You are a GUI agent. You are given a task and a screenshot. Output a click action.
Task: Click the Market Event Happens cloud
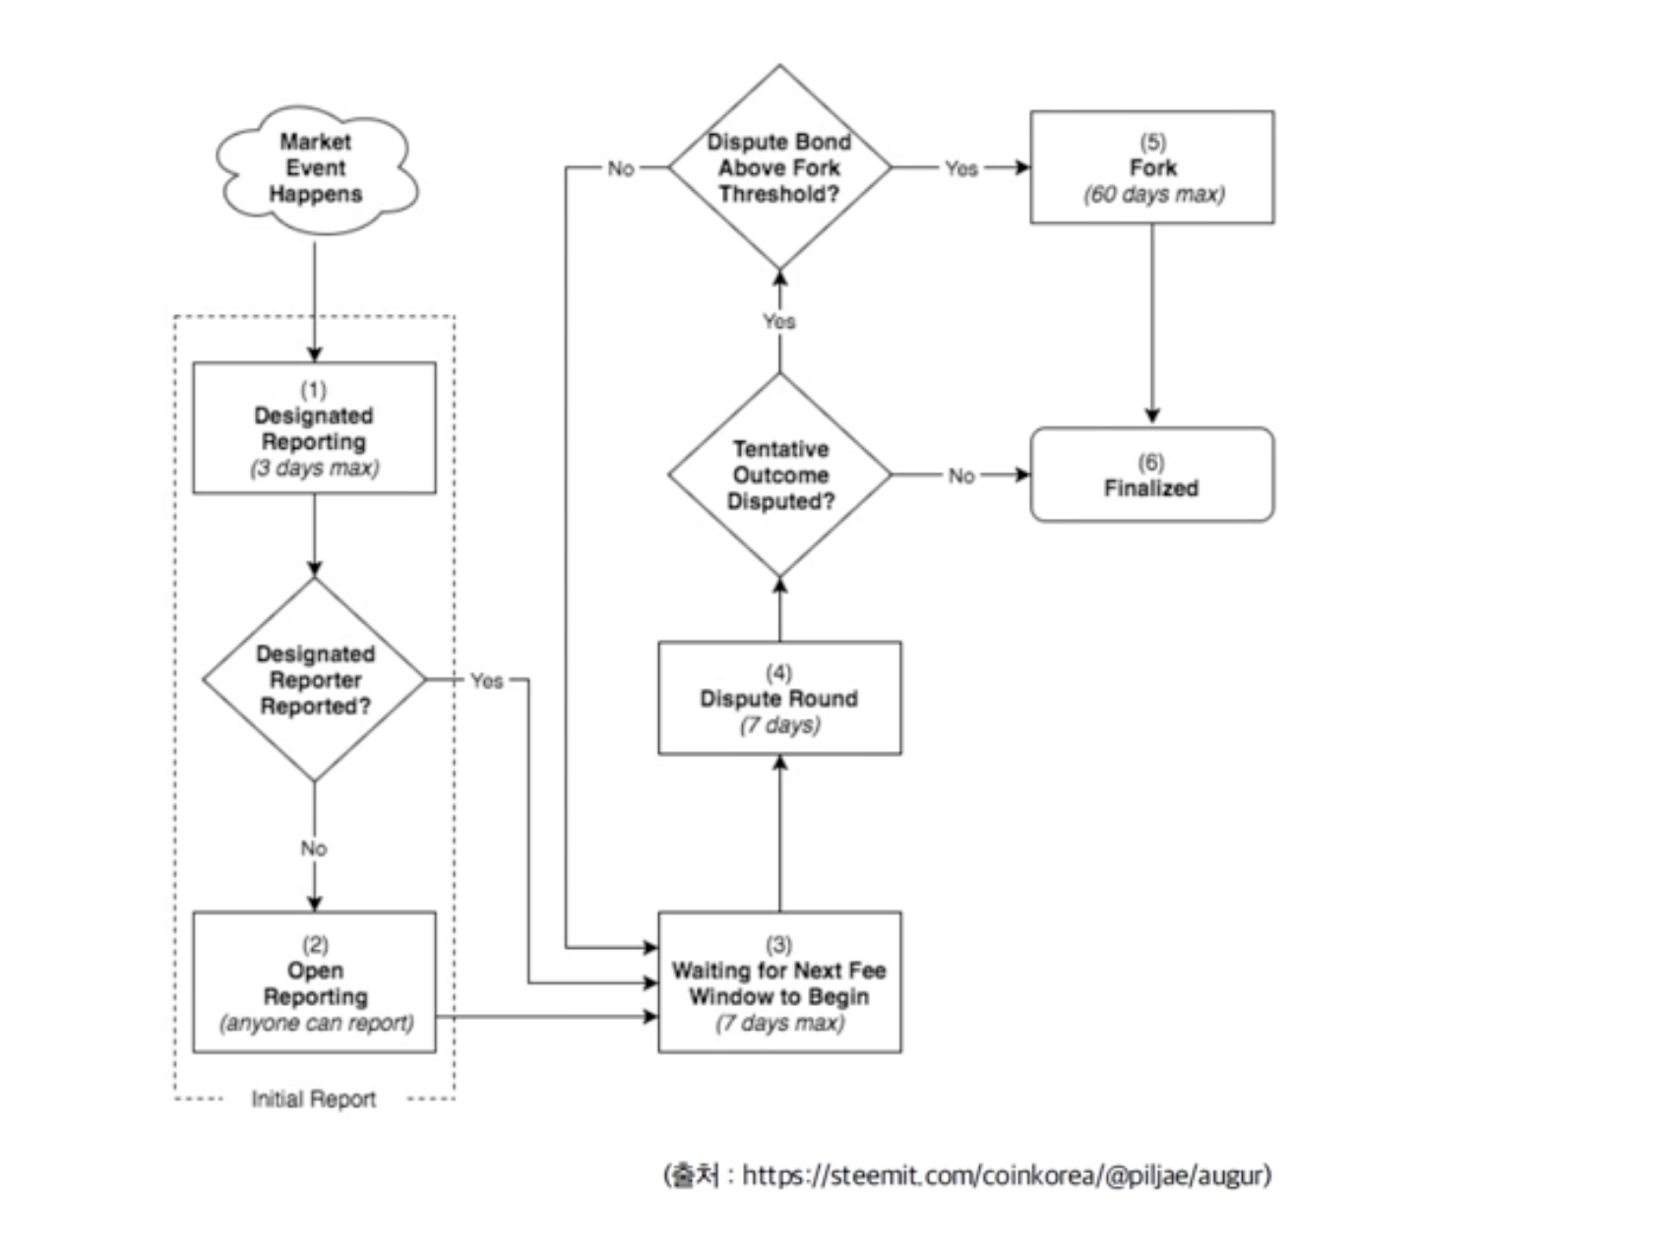pyautogui.click(x=316, y=169)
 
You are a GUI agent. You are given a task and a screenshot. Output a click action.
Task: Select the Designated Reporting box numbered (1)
pyautogui.click(x=315, y=428)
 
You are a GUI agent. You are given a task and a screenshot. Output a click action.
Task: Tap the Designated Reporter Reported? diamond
pyautogui.click(x=315, y=680)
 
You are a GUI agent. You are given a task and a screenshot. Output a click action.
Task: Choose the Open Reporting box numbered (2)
pyautogui.click(x=315, y=982)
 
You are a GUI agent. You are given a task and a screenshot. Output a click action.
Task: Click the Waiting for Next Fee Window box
pyautogui.click(x=779, y=982)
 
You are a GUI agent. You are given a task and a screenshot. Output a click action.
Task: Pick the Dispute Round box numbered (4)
pyautogui.click(x=779, y=699)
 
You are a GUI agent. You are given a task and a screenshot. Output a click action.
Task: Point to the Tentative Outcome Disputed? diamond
pyautogui.click(x=780, y=475)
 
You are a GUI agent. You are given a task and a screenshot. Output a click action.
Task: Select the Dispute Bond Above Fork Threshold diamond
pyautogui.click(x=780, y=167)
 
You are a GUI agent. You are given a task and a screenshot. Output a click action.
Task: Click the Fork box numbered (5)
pyautogui.click(x=1152, y=167)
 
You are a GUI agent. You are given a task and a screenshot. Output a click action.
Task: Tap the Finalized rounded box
pyautogui.click(x=1152, y=474)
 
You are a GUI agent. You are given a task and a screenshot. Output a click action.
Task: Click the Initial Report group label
pyautogui.click(x=313, y=1099)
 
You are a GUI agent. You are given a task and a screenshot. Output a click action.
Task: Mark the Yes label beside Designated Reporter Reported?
pyautogui.click(x=486, y=680)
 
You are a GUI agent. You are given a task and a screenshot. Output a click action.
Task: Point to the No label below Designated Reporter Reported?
pyautogui.click(x=314, y=848)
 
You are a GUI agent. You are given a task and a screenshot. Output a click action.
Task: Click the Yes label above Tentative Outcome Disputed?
pyautogui.click(x=779, y=321)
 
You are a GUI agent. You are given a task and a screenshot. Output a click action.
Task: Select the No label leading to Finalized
pyautogui.click(x=961, y=475)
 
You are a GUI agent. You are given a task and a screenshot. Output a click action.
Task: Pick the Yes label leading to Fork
pyautogui.click(x=961, y=168)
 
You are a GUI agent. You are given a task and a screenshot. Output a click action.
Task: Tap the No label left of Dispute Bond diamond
pyautogui.click(x=621, y=168)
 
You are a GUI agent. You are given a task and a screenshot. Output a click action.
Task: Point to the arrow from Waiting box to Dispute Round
pyautogui.click(x=780, y=833)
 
